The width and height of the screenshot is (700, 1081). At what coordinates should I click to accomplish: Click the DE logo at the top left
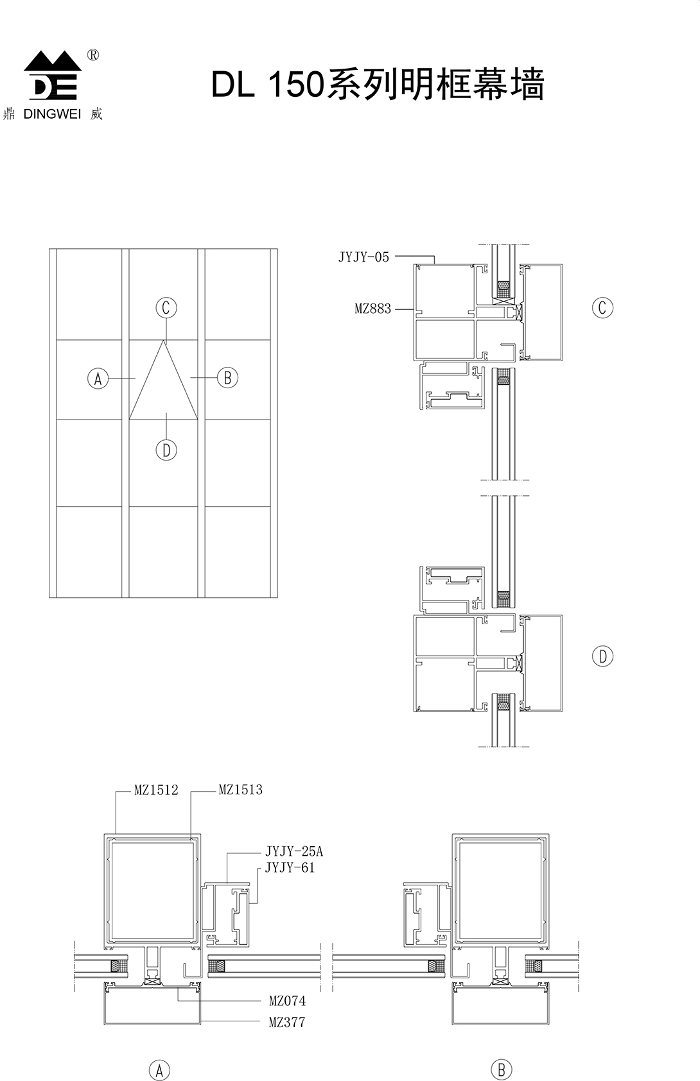(x=53, y=75)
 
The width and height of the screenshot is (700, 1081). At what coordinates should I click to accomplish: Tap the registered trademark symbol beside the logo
(x=92, y=56)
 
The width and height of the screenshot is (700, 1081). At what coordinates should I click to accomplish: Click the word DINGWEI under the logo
(x=52, y=114)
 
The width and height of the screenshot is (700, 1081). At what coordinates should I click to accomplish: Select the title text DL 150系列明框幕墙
(x=378, y=84)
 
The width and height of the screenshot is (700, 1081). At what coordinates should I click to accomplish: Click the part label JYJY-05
(x=363, y=257)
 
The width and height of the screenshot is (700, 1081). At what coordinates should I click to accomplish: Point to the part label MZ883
(x=373, y=309)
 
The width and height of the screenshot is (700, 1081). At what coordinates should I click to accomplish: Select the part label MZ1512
(x=156, y=790)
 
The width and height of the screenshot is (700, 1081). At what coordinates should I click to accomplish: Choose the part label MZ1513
(x=241, y=790)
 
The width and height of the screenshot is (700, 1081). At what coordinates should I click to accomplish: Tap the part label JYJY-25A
(x=293, y=851)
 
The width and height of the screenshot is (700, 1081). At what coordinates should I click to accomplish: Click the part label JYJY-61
(x=290, y=868)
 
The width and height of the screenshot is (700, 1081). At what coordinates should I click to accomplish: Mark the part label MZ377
(x=287, y=1023)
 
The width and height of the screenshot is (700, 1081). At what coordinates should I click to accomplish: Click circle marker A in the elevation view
(x=98, y=379)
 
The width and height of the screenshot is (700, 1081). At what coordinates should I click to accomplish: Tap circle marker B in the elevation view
(x=227, y=378)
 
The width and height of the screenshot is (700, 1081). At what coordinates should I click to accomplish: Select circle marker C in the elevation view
(x=166, y=308)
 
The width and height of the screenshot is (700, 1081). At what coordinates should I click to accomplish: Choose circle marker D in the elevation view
(x=166, y=450)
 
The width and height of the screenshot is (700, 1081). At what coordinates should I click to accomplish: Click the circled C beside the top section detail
(x=602, y=308)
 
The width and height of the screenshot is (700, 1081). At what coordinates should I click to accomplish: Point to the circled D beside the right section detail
(x=602, y=657)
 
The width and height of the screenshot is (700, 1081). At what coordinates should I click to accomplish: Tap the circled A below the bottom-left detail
(x=159, y=1070)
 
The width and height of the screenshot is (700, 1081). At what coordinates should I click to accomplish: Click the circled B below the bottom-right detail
(x=501, y=1070)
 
